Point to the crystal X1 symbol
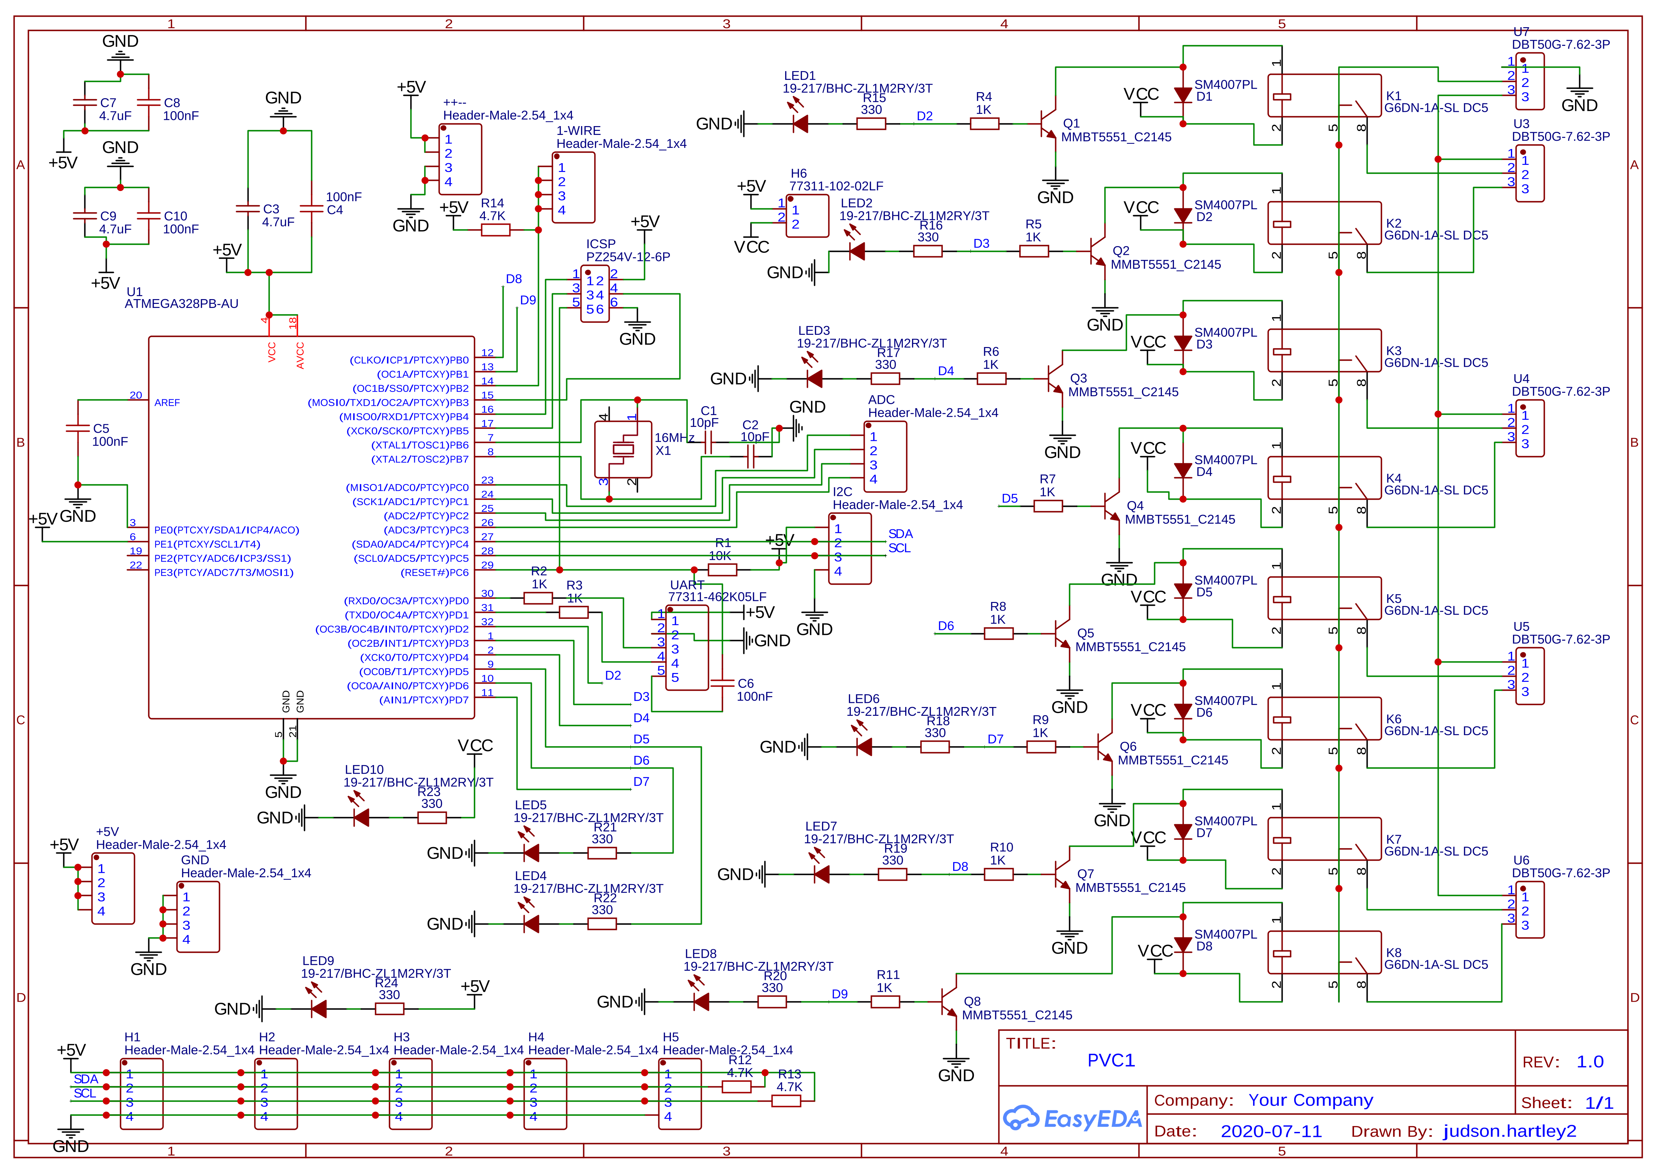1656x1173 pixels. pyautogui.click(x=623, y=449)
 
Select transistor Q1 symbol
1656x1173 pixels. pyautogui.click(x=1048, y=123)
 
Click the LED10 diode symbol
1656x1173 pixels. pyautogui.click(x=361, y=818)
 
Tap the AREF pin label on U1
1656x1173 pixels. pyautogui.click(x=167, y=402)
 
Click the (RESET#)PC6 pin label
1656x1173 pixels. pyautogui.click(x=434, y=573)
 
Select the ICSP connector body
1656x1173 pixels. pyautogui.click(x=595, y=294)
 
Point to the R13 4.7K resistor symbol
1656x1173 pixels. pyautogui.click(x=786, y=1101)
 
